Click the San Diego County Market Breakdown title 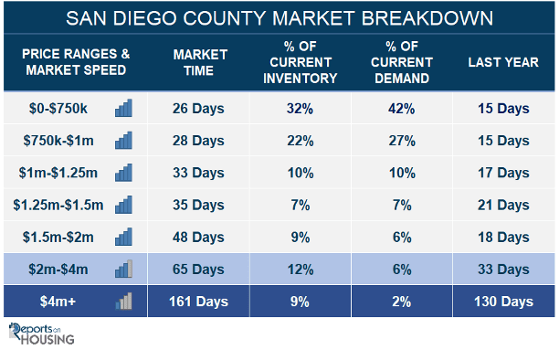point(279,18)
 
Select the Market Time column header point(200,62)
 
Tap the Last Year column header point(503,62)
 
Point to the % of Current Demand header point(402,62)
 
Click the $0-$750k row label point(58,109)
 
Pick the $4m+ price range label point(58,302)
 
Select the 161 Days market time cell point(198,302)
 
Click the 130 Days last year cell point(503,302)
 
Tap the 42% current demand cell point(401,109)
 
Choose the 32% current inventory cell point(300,109)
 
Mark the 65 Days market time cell point(198,270)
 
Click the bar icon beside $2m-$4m point(123,269)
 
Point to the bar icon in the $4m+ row point(123,301)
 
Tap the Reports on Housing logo point(41,334)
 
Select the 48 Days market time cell point(198,238)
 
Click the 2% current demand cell point(401,302)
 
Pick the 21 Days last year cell point(503,206)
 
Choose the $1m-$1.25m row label point(58,173)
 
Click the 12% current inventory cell point(301,270)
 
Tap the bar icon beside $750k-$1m point(123,140)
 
